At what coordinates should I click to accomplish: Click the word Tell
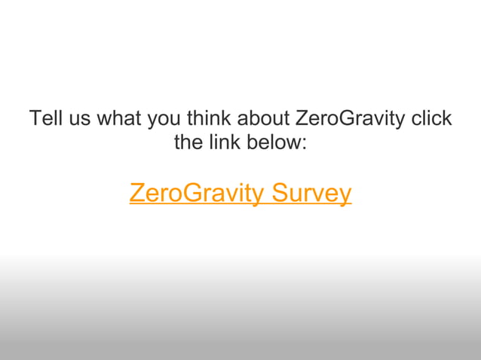[x=43, y=119]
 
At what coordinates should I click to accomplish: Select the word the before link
[x=188, y=142]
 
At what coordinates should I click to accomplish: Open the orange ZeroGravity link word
[x=197, y=194]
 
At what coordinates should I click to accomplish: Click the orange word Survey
[x=311, y=194]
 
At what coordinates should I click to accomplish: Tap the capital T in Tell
[x=35, y=119]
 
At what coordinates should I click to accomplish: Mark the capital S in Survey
[x=280, y=194]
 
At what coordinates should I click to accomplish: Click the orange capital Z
[x=136, y=194]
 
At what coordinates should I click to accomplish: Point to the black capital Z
[x=300, y=119]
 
